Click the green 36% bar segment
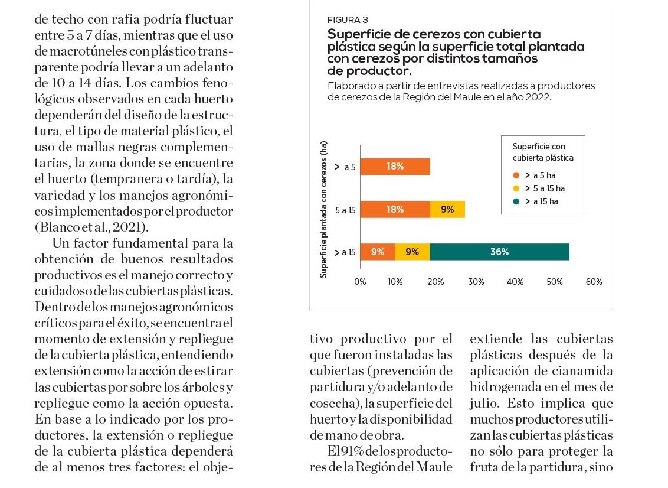click(499, 252)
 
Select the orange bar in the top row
click(395, 167)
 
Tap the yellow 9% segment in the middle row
click(447, 210)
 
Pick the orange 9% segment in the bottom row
click(378, 252)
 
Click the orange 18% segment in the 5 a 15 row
click(395, 210)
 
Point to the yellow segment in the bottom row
click(412, 252)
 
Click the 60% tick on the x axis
click(594, 282)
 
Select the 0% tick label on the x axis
click(360, 282)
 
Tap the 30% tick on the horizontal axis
click(476, 282)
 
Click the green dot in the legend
click(516, 201)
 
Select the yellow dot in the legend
click(516, 188)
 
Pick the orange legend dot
click(516, 175)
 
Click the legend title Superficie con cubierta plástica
click(542, 152)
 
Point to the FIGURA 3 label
click(348, 20)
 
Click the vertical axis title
click(323, 210)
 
